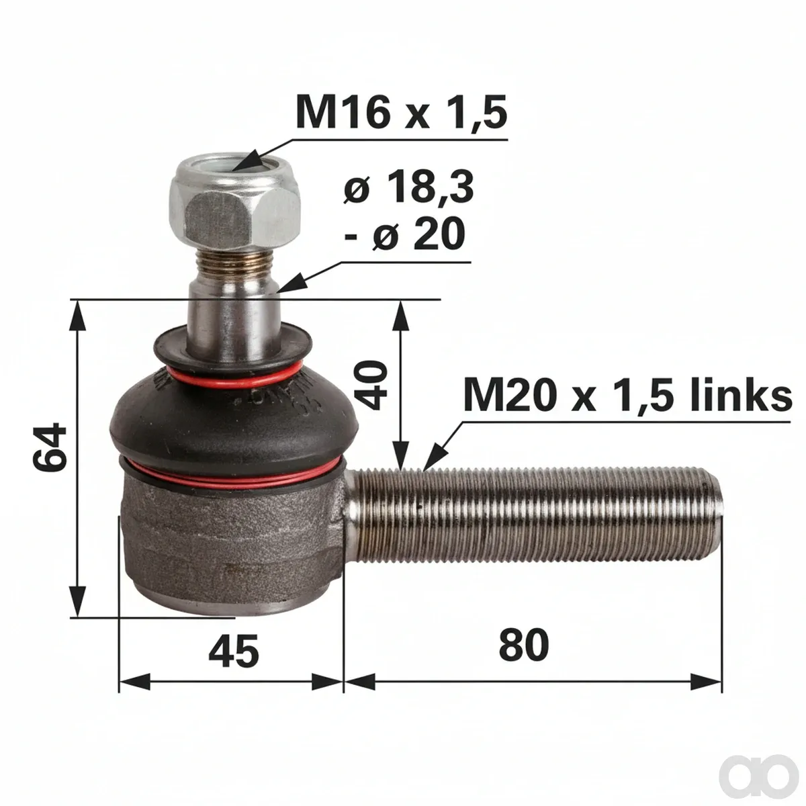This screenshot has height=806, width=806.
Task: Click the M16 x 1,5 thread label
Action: tap(401, 112)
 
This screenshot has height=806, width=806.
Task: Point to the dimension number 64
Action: tap(50, 447)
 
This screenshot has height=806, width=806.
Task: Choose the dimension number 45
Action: tap(234, 652)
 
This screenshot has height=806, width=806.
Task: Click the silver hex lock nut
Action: tap(234, 202)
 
